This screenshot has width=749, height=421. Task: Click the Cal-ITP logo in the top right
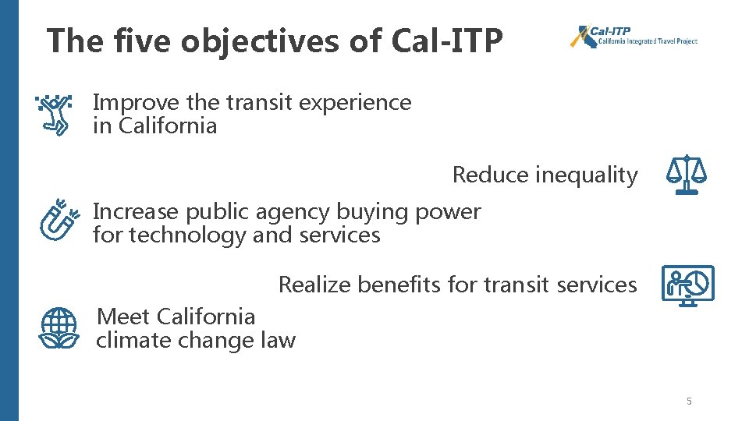[x=634, y=36]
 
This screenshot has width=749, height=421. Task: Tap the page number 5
[x=689, y=402]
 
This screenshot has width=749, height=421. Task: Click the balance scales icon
[x=686, y=175]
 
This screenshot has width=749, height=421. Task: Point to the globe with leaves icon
[x=59, y=327]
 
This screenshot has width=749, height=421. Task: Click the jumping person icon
[x=54, y=115]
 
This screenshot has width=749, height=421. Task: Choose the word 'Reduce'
[x=491, y=175]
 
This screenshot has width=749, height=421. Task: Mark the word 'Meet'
[x=123, y=317]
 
